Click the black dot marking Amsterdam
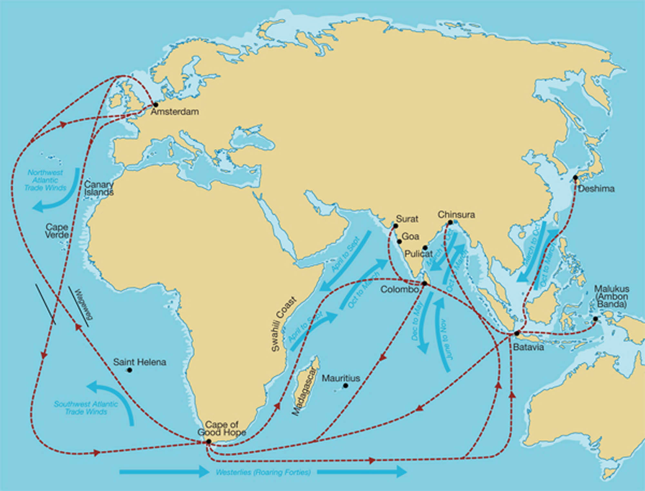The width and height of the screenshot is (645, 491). pos(155,105)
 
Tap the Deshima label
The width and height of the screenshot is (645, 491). pos(596,189)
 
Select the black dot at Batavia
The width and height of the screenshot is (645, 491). pos(517,333)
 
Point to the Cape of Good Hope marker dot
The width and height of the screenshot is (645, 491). pos(209,441)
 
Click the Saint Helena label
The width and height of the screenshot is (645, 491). pos(139,362)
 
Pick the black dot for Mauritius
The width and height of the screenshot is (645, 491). pos(345,386)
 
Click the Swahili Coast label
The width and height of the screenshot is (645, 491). pos(283,324)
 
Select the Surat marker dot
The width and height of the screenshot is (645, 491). pos(395,226)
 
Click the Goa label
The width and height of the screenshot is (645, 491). pos(410,236)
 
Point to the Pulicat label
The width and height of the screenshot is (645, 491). pos(418,254)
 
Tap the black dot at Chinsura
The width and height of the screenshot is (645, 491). pos(450,222)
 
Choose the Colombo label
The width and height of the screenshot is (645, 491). pos(399,289)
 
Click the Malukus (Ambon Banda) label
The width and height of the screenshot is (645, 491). pos(611,296)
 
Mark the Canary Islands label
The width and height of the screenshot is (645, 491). pos(99,188)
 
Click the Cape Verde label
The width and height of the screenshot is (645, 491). pos(57,231)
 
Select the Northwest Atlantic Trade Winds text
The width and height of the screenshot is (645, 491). pos(45,180)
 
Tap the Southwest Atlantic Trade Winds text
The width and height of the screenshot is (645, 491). pos(86,408)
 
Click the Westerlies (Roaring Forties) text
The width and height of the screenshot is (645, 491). pos(263,472)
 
